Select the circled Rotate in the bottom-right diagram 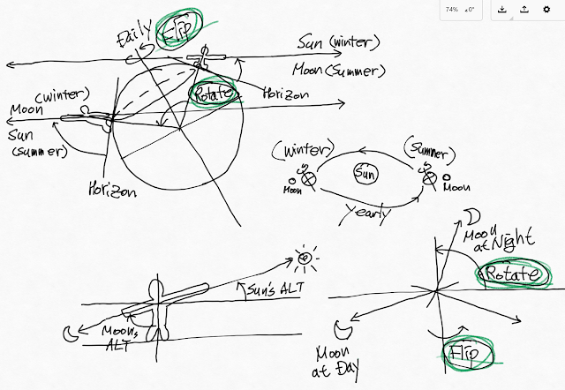[512, 275]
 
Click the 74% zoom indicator [451, 10]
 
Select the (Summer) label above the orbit [430, 144]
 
